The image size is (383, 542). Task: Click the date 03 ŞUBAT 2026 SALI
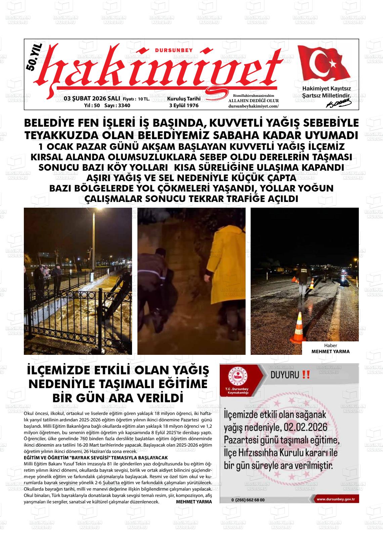pyautogui.click(x=92, y=99)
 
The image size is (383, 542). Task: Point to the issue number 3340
pyautogui.click(x=122, y=106)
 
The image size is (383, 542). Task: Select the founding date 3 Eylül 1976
pyautogui.click(x=184, y=106)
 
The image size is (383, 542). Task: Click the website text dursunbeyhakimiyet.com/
pyautogui.click(x=253, y=106)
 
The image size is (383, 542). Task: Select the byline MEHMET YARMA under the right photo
pyautogui.click(x=330, y=351)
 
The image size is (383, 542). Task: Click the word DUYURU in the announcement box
pyautogui.click(x=284, y=375)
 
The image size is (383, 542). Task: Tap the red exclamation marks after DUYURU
pyautogui.click(x=306, y=375)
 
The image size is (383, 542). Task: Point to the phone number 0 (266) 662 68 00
pyautogui.click(x=248, y=499)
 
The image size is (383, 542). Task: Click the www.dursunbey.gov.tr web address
pyautogui.click(x=338, y=499)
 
